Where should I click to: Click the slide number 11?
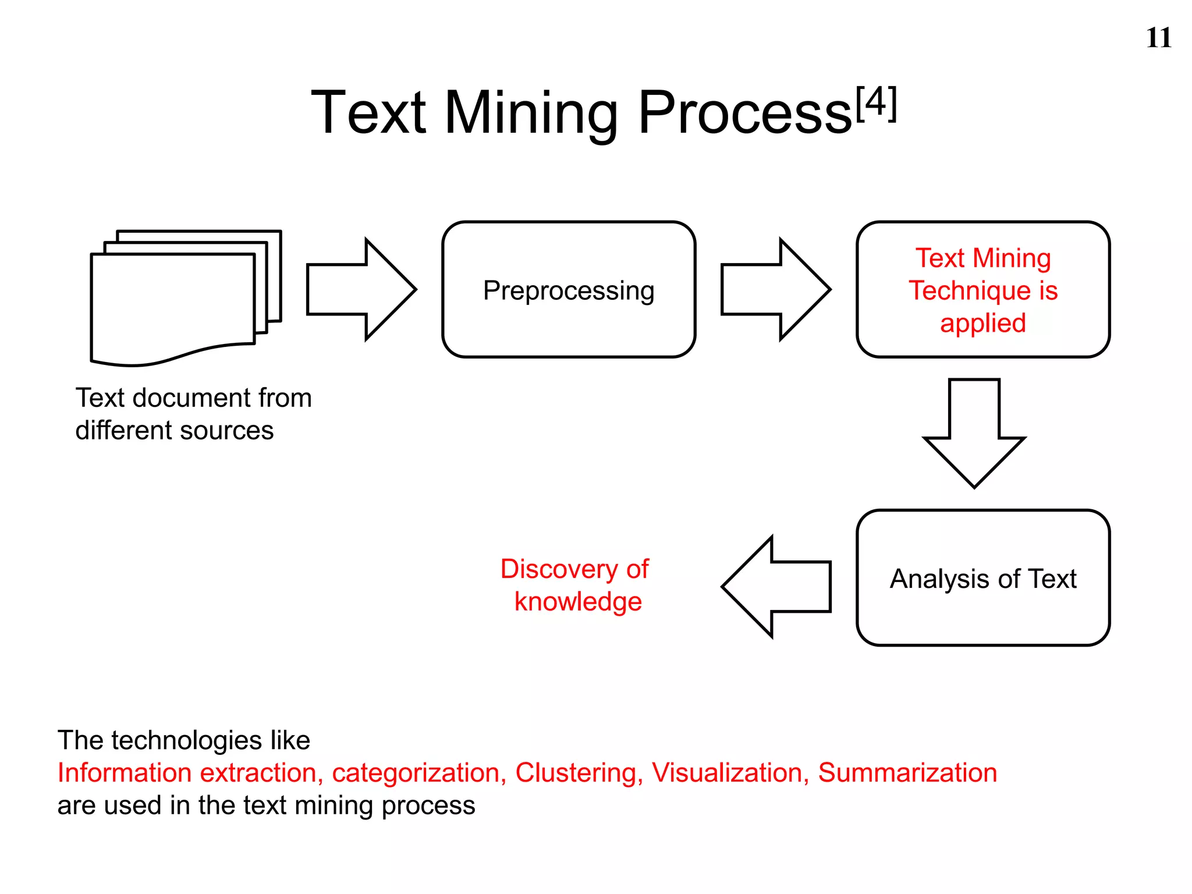coord(1158,38)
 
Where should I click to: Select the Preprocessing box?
coord(569,290)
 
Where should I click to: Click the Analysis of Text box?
coord(983,578)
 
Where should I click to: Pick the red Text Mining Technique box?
coord(983,290)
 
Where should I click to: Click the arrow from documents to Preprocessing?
coord(361,289)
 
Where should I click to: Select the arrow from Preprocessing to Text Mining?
coord(775,289)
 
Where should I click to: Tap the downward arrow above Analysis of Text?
coord(974,434)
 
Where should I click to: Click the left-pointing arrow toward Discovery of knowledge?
coord(777,587)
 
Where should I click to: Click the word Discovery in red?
coord(559,569)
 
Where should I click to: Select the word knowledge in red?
coord(578,601)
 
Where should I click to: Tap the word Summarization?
coord(907,773)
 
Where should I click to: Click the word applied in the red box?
coord(983,323)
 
